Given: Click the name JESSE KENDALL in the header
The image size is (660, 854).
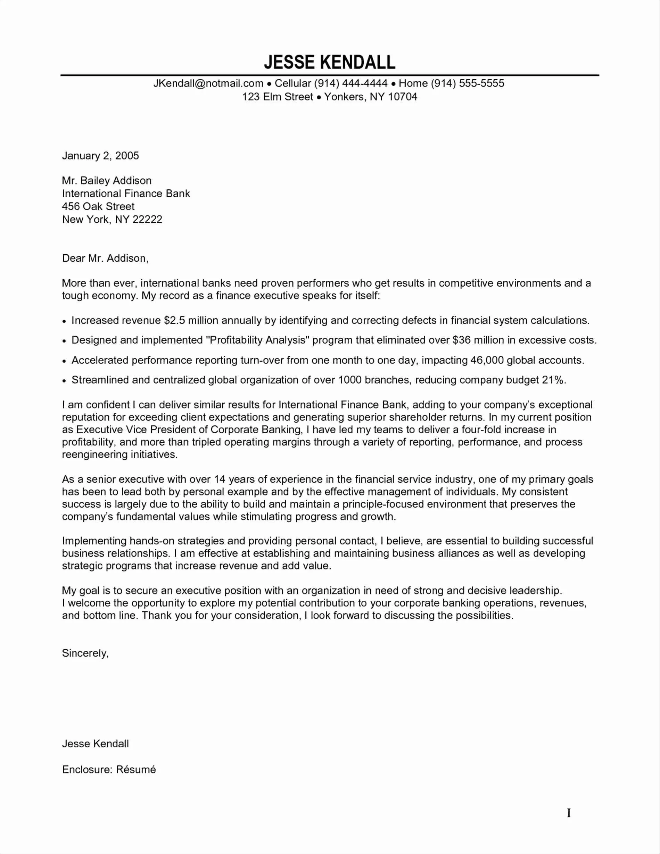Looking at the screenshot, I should [330, 63].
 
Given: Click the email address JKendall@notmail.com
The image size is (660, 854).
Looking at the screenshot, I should [208, 83].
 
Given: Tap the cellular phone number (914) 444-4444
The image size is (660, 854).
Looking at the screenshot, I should [351, 83].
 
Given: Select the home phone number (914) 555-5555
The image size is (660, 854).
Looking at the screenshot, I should [467, 83].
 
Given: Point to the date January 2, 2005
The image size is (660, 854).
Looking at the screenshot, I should [100, 156].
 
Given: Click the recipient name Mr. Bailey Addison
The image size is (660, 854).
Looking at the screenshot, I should [107, 181].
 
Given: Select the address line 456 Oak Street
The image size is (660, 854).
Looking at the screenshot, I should [98, 206].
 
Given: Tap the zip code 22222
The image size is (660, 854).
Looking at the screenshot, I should [147, 219].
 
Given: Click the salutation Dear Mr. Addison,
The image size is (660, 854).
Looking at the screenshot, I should [105, 258].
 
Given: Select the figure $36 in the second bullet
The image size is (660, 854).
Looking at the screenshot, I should [461, 340].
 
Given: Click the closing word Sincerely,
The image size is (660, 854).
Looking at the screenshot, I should [85, 653].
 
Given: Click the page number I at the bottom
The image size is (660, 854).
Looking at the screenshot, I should [569, 813].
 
